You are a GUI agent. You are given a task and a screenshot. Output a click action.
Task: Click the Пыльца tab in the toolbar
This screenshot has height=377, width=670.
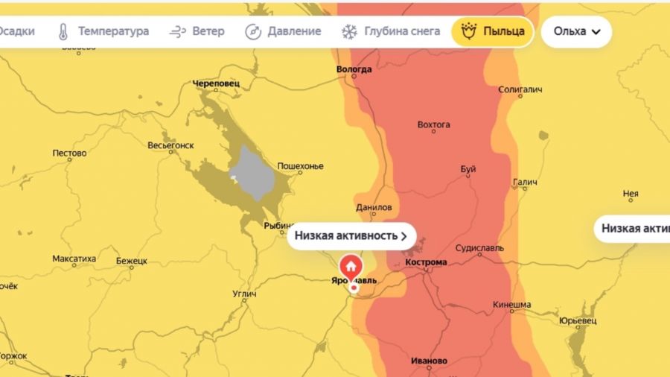[x=493, y=31]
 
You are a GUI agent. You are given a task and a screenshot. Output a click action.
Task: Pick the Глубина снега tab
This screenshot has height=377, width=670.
[x=391, y=31]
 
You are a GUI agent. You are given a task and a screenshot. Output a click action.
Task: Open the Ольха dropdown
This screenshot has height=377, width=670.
[x=577, y=31]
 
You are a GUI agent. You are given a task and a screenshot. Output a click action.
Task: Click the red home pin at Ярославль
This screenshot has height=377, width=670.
[x=351, y=266]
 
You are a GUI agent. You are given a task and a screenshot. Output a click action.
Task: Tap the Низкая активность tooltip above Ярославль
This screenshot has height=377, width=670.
[x=351, y=235]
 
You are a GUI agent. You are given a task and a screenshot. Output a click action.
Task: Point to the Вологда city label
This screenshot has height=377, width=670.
[x=354, y=69]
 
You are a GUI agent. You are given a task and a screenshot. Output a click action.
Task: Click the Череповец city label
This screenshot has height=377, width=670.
[x=215, y=83]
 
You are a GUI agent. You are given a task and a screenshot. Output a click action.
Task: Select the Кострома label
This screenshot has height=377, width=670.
[x=427, y=263]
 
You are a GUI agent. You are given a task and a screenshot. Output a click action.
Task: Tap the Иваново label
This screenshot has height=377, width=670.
[x=429, y=361]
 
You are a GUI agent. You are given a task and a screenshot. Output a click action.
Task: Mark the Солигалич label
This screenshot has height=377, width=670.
[x=520, y=89]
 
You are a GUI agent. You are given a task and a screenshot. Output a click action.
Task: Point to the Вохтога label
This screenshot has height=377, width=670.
[x=434, y=124]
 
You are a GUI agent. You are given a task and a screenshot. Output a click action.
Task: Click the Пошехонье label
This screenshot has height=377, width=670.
[x=300, y=165]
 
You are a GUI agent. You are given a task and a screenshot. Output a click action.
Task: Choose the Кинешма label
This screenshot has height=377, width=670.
[x=511, y=305]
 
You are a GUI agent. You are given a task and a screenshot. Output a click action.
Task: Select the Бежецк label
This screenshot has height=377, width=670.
[x=132, y=261]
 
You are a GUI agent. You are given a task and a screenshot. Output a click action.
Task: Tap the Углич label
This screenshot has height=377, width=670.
[x=244, y=294]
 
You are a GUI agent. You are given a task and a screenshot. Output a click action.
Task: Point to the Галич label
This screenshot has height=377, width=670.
[x=525, y=183]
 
